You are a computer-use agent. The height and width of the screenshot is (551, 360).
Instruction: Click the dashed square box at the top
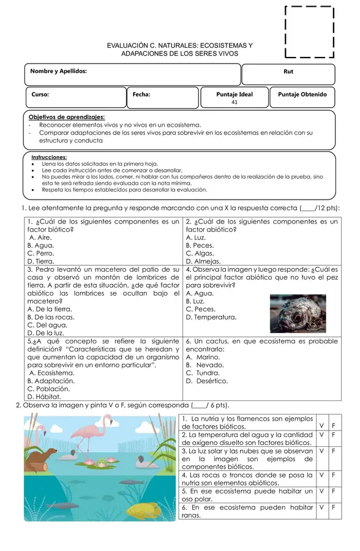(x=310, y=31)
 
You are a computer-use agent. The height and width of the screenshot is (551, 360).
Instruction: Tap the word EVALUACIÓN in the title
(x=132, y=46)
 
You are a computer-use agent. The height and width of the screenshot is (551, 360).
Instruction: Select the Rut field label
(x=288, y=72)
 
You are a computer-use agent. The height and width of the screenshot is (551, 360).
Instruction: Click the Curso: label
(x=40, y=95)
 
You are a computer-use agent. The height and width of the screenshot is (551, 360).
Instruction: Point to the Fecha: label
(x=141, y=95)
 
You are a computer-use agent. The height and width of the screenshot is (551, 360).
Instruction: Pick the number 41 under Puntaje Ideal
(x=234, y=103)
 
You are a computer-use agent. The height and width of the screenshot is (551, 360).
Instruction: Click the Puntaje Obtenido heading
(x=302, y=95)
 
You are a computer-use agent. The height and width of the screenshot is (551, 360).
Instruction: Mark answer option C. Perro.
(x=41, y=253)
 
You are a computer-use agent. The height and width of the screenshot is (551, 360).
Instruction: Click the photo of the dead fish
(x=298, y=313)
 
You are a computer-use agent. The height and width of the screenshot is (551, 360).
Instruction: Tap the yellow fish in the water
(x=144, y=510)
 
